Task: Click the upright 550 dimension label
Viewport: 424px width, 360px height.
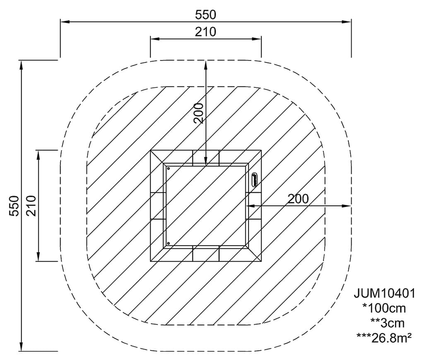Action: (206, 14)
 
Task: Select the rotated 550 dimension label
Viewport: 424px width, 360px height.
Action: (14, 205)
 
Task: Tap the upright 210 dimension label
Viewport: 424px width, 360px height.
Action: (206, 31)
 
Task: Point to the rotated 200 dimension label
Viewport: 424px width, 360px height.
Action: (199, 113)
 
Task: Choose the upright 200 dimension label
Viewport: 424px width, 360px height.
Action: (298, 199)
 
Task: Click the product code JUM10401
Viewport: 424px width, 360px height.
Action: (384, 293)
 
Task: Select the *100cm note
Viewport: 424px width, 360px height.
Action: (384, 308)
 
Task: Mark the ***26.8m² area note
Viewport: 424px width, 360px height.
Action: (384, 337)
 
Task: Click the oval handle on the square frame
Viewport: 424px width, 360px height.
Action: (254, 180)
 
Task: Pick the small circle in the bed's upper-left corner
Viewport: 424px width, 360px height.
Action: (168, 169)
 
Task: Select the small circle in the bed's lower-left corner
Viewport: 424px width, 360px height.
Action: (168, 243)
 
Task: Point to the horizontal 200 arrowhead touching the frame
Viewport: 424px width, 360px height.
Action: (249, 205)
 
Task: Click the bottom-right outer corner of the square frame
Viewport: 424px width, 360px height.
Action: (261, 261)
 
